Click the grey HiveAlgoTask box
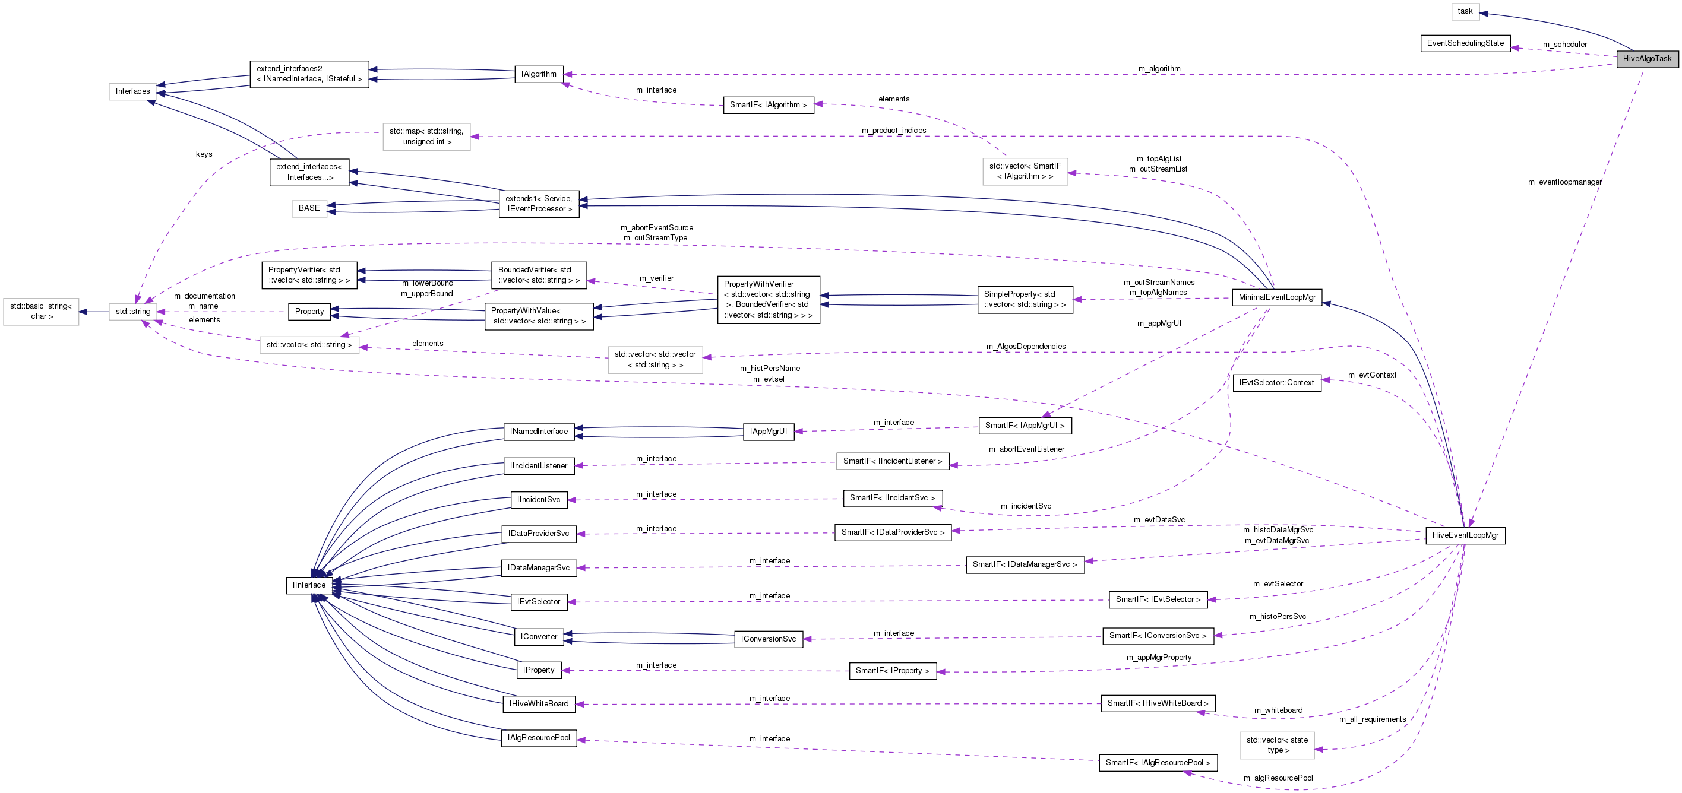[1647, 59]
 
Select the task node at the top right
[1465, 11]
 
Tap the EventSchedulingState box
[1465, 43]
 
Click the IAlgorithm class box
[539, 74]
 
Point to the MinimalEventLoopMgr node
[1276, 297]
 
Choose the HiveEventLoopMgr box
[1465, 535]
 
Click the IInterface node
[309, 585]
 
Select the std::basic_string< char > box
[41, 312]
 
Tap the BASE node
[309, 208]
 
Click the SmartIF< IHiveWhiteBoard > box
[1157, 703]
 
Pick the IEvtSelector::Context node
[1276, 383]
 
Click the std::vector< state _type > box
[1276, 746]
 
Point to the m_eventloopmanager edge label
[1564, 182]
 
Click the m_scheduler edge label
[1564, 45]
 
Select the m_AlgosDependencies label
[1025, 347]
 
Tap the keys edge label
[204, 155]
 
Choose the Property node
[309, 312]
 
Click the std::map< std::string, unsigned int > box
[426, 137]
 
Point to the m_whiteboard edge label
[1278, 710]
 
